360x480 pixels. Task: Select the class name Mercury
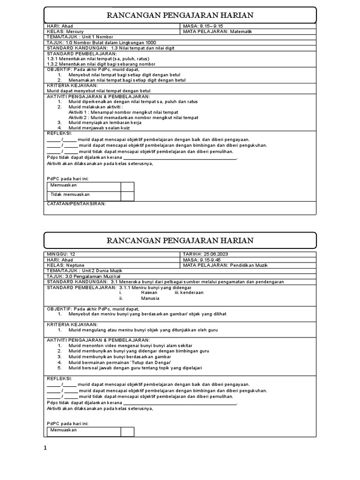pos(74,32)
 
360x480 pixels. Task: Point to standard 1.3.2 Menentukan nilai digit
pos(101,64)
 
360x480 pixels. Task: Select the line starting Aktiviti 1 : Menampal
pos(123,112)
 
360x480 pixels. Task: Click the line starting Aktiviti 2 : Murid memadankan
pos(133,118)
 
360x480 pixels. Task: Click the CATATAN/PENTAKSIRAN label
pos(76,204)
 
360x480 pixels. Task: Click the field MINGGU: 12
pos(61,254)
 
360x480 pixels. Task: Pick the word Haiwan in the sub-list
pos(150,292)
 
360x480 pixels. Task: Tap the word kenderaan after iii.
pos(192,292)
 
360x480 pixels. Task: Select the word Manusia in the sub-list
pos(150,298)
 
